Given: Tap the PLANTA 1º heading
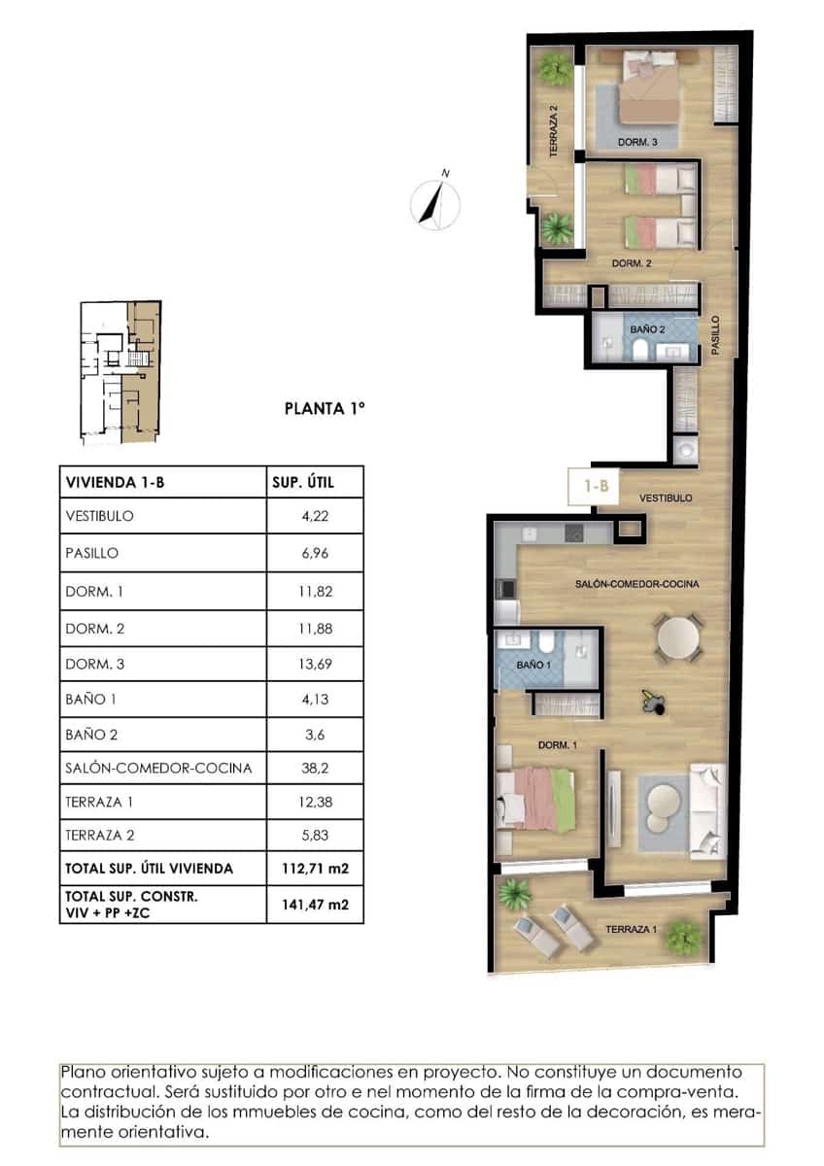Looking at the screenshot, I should coord(325,409).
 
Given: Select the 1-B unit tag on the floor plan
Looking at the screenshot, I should coord(595,487).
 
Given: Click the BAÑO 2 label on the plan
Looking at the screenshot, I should coord(647,329).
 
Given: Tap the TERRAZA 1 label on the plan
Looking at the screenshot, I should coord(631,930).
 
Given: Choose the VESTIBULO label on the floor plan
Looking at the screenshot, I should coord(666,497).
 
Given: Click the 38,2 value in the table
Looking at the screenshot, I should coord(314,768).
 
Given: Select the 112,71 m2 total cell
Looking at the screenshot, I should coord(314,868).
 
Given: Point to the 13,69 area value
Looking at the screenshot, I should coord(314,665).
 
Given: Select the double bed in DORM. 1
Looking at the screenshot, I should coord(534,798).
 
